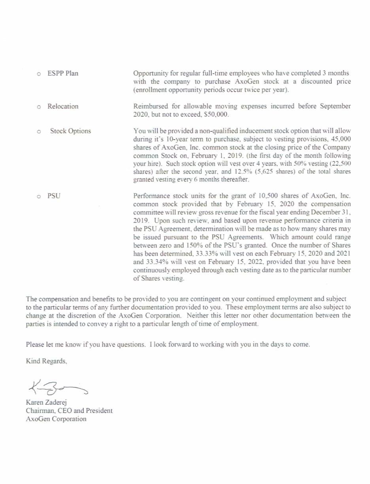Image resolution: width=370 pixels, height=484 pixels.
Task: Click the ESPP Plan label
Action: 63,73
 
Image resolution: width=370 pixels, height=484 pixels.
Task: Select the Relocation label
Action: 63,106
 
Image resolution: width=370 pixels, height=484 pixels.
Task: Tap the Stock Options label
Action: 70,131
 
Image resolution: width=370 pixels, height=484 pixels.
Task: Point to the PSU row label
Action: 54,196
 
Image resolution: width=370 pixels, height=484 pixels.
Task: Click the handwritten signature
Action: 57,387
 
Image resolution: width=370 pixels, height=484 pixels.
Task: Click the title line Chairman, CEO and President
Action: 69,411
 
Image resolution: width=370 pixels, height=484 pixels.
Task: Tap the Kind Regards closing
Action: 46,361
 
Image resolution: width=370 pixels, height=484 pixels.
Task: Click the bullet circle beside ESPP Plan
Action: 39,74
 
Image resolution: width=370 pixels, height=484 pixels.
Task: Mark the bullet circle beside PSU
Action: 39,196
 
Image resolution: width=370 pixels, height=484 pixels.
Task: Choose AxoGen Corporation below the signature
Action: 56,419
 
